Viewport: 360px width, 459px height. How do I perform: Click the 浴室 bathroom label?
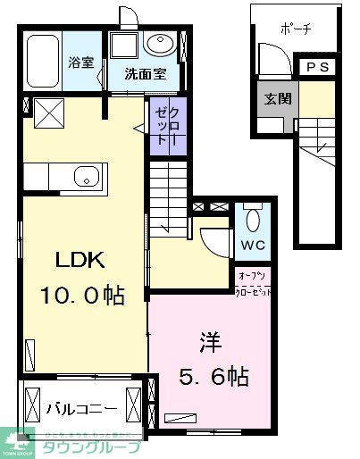pyautogui.click(x=81, y=64)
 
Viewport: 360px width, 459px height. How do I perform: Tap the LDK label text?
pyautogui.click(x=81, y=262)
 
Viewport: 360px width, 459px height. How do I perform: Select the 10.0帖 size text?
pyautogui.click(x=81, y=295)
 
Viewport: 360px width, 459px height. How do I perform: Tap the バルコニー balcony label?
pyautogui.click(x=81, y=408)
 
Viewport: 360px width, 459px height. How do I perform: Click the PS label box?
pyautogui.click(x=317, y=67)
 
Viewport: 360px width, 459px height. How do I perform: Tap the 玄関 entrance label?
pyautogui.click(x=275, y=99)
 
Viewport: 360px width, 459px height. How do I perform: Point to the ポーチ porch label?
pyautogui.click(x=295, y=29)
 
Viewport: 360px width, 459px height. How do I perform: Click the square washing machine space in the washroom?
pyautogui.click(x=125, y=47)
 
